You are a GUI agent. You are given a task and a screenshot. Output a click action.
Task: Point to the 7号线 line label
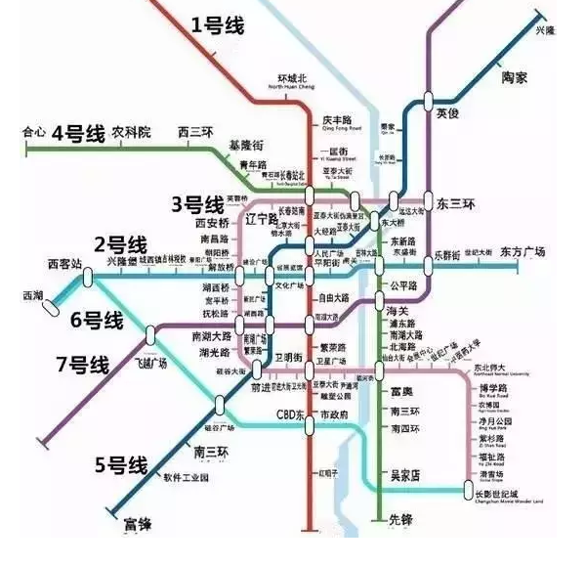82,365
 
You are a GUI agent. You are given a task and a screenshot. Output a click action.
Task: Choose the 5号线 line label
120,463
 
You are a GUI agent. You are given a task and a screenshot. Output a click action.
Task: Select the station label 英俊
447,113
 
